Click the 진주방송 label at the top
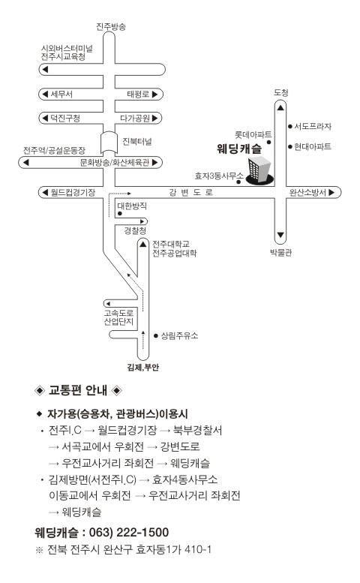tap(111, 26)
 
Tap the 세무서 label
tap(61, 94)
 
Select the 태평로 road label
tap(138, 94)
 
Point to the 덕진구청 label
tap(65, 119)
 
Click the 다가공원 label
tap(135, 119)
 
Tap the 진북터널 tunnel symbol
tap(109, 143)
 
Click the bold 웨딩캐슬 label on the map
tap(239, 149)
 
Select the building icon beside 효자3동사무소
tap(259, 171)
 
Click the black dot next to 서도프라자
tap(289, 126)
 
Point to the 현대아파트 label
tap(313, 146)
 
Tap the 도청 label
tap(280, 92)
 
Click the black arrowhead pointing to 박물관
tap(280, 235)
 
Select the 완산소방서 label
tap(307, 192)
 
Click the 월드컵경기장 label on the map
tap(73, 192)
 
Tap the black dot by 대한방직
tap(120, 214)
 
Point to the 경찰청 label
tap(135, 231)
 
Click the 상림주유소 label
tap(179, 335)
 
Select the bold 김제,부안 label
tap(143, 368)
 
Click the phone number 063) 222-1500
tap(129, 532)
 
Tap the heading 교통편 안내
tap(78, 390)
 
